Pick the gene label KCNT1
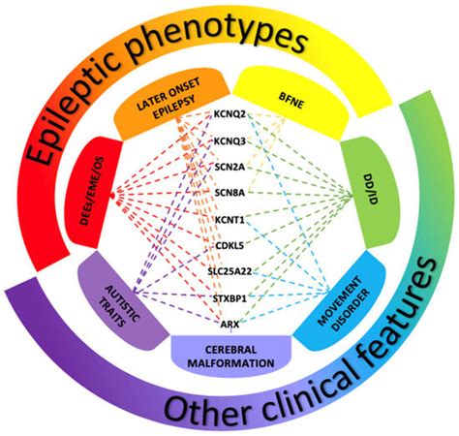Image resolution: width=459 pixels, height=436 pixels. point(231,220)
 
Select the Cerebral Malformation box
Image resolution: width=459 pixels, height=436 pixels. point(230,354)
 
